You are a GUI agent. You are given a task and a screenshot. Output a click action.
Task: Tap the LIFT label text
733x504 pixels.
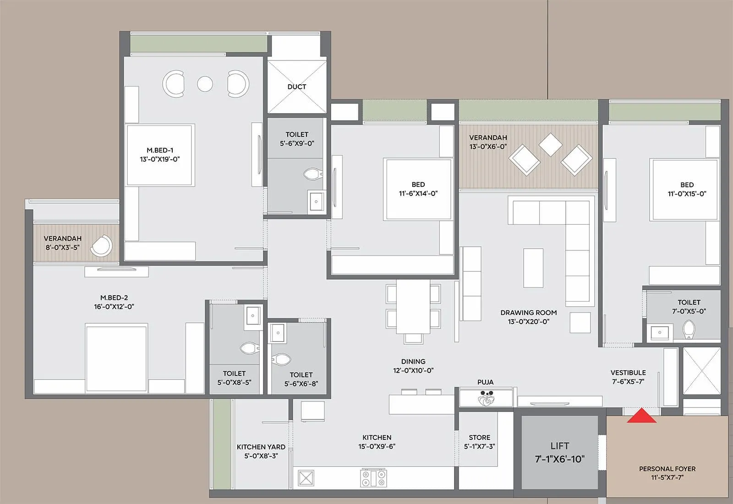coord(559,446)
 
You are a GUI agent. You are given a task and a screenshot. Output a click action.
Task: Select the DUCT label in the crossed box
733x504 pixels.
coord(297,87)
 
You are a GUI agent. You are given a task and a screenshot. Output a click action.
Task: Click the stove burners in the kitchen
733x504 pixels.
coord(374,478)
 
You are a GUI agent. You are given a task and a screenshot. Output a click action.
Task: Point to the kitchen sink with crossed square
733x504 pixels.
coord(306,478)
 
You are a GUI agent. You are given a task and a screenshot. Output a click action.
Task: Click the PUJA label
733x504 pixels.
coord(485,382)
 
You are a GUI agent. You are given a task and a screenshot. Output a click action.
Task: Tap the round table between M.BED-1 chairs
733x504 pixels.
coord(205,84)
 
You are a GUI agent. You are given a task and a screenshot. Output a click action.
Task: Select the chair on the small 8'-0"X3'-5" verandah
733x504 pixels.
coord(101,246)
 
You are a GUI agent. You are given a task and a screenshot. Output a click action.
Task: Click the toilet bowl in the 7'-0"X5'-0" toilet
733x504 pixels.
coord(689,329)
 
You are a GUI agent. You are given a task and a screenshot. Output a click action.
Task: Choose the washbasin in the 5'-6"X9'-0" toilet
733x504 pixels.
coord(316,201)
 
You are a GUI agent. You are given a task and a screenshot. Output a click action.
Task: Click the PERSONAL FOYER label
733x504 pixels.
coord(667,469)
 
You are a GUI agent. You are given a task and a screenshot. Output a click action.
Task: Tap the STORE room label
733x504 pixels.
coord(479,438)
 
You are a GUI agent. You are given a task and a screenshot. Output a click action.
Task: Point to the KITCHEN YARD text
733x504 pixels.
coord(261,447)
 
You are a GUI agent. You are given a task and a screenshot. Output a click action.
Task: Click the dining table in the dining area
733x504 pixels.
coord(413,306)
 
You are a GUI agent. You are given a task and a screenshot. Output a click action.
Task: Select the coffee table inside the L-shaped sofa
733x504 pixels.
coord(533,268)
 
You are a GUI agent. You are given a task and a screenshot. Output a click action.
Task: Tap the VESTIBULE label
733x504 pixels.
coord(628,373)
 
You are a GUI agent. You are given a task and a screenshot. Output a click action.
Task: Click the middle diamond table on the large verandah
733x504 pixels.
coord(550,144)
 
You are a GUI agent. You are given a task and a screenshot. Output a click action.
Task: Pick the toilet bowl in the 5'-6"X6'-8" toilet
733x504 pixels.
coord(281,358)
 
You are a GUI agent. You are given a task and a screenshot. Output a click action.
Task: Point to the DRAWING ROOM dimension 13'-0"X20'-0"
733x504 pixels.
coord(528,322)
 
